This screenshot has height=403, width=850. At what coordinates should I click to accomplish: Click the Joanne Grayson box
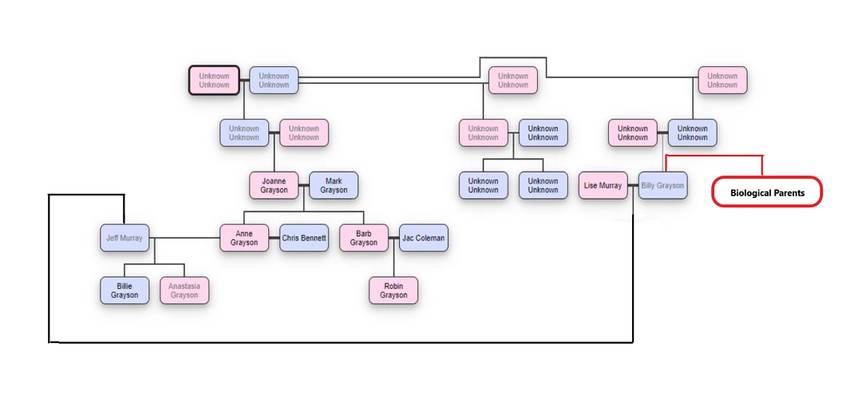click(x=274, y=185)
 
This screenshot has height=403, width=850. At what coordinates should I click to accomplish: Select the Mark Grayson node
click(x=334, y=185)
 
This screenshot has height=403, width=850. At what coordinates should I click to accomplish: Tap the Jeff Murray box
click(x=125, y=238)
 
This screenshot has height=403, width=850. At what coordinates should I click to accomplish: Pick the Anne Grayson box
click(x=244, y=238)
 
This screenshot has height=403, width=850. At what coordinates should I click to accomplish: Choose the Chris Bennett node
click(x=304, y=238)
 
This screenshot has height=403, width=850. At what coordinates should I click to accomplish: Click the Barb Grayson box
click(x=364, y=238)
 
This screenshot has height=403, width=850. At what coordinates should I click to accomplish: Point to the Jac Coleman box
click(x=424, y=238)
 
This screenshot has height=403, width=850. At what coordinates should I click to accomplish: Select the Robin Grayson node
click(x=393, y=290)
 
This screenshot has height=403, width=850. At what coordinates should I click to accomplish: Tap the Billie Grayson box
click(x=125, y=290)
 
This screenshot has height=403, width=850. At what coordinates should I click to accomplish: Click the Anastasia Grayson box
click(x=184, y=290)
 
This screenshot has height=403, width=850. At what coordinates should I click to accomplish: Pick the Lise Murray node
click(x=603, y=186)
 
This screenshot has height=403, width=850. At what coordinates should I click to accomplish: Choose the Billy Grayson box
click(x=662, y=186)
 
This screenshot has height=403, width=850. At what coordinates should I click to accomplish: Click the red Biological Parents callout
click(x=767, y=192)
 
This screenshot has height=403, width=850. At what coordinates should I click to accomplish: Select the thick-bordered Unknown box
click(x=214, y=81)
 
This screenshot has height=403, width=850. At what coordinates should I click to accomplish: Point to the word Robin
click(x=393, y=286)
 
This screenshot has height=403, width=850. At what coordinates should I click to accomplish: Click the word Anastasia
click(x=184, y=286)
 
